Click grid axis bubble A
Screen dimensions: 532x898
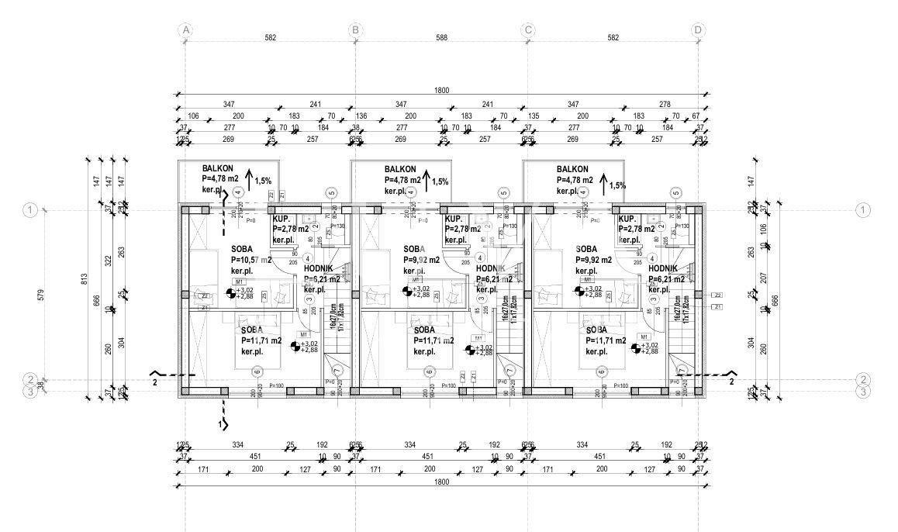click(185, 30)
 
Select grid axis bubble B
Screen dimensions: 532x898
click(356, 30)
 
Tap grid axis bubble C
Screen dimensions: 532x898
click(528, 30)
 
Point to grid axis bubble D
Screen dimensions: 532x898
click(698, 30)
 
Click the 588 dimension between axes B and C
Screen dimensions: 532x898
click(441, 59)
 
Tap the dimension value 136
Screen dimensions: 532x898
click(361, 116)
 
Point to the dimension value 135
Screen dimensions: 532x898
click(534, 116)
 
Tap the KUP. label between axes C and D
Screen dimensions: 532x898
click(628, 219)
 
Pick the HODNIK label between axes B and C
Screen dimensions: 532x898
click(492, 268)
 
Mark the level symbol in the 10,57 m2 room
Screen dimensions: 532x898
click(230, 292)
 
